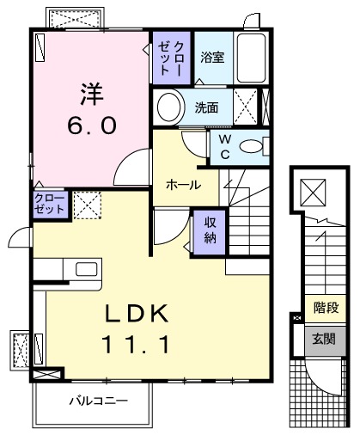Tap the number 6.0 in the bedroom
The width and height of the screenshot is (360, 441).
pyautogui.click(x=91, y=127)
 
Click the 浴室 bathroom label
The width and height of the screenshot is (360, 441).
pyautogui.click(x=211, y=58)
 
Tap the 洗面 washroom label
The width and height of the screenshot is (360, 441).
pyautogui.click(x=205, y=108)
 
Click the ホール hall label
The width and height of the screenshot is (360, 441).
pyautogui.click(x=184, y=185)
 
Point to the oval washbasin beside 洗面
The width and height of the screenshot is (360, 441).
pyautogui.click(x=169, y=109)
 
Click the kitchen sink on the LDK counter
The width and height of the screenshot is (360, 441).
pyautogui.click(x=86, y=269)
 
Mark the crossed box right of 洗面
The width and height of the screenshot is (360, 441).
pyautogui.click(x=245, y=109)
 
